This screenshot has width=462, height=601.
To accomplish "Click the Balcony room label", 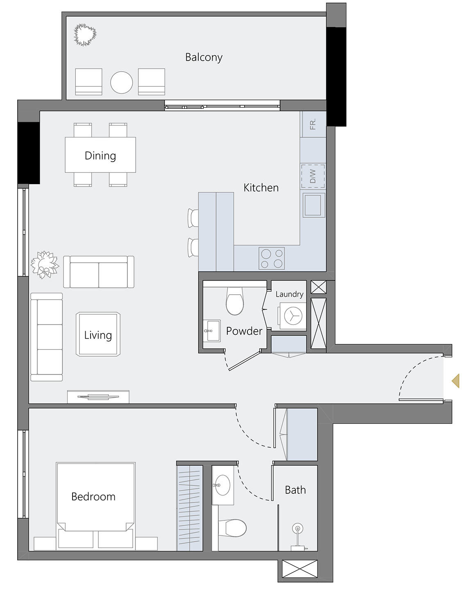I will [204, 57].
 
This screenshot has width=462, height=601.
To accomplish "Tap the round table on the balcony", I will [122, 83].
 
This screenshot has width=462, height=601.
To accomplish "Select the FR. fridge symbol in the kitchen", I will [313, 124].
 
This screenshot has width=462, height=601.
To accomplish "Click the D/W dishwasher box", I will [313, 176].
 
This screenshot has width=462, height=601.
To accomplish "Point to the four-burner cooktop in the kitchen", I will [272, 258].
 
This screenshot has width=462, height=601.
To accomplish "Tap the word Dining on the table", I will [100, 156].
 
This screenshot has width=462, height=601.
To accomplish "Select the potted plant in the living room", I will [44, 264].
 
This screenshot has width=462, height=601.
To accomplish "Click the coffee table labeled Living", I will [98, 335].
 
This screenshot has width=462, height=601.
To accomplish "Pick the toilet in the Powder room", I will [235, 302].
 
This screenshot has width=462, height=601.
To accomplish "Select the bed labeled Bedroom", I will [95, 503].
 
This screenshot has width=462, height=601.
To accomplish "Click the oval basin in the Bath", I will [222, 485].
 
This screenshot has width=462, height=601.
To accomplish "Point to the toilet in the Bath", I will [232, 528].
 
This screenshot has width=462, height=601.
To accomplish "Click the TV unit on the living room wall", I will [98, 396].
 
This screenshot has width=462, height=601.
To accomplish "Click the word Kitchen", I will [261, 188].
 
